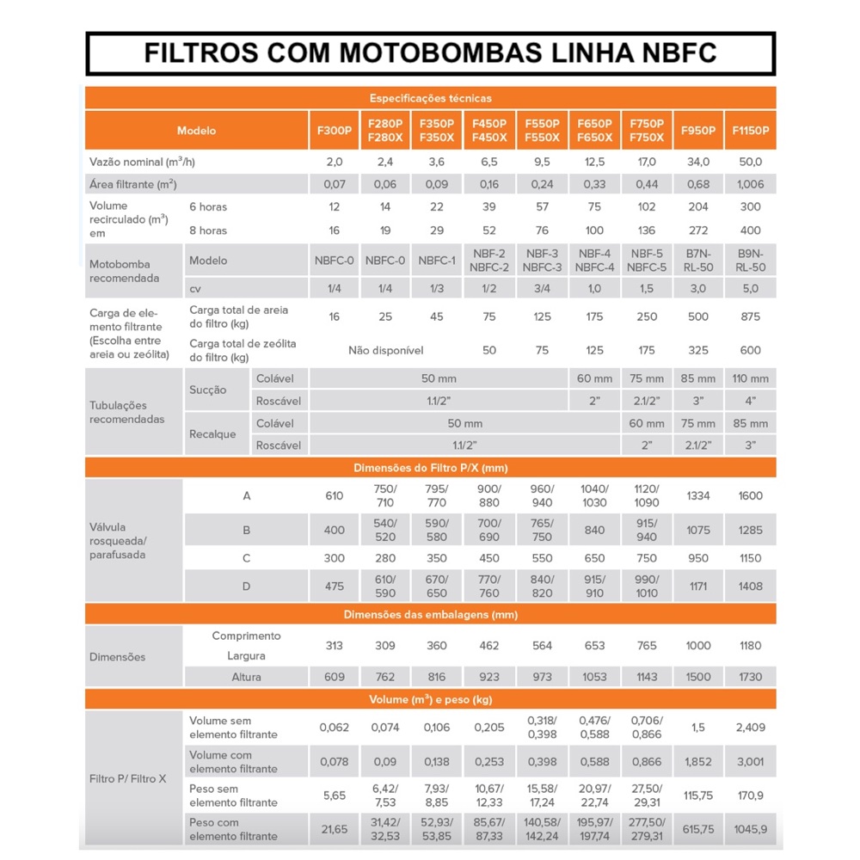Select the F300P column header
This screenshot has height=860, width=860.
coord(335,131)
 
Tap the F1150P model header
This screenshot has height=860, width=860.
coord(750,131)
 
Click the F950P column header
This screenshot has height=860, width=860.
coord(698,131)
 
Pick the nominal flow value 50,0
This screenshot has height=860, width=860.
coord(750,162)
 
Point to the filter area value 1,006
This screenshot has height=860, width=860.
coord(750,184)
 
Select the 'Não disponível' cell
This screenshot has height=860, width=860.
coord(385,350)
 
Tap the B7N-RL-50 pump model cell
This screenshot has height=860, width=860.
coord(698,261)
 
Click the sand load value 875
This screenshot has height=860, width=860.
coord(750,316)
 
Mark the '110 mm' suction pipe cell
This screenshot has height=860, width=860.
coord(750,378)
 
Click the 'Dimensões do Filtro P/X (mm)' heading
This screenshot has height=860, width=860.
coord(430,468)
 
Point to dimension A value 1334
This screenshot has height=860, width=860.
coord(698,495)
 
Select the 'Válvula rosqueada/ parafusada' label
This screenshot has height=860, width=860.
coord(119,541)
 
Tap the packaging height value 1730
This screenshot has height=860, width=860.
coord(750,677)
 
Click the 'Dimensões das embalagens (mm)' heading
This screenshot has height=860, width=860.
coord(430,614)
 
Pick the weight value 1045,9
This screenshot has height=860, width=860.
coord(750,829)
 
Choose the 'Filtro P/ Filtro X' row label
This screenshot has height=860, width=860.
coord(128,778)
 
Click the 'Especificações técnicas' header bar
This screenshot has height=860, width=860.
coord(430,98)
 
